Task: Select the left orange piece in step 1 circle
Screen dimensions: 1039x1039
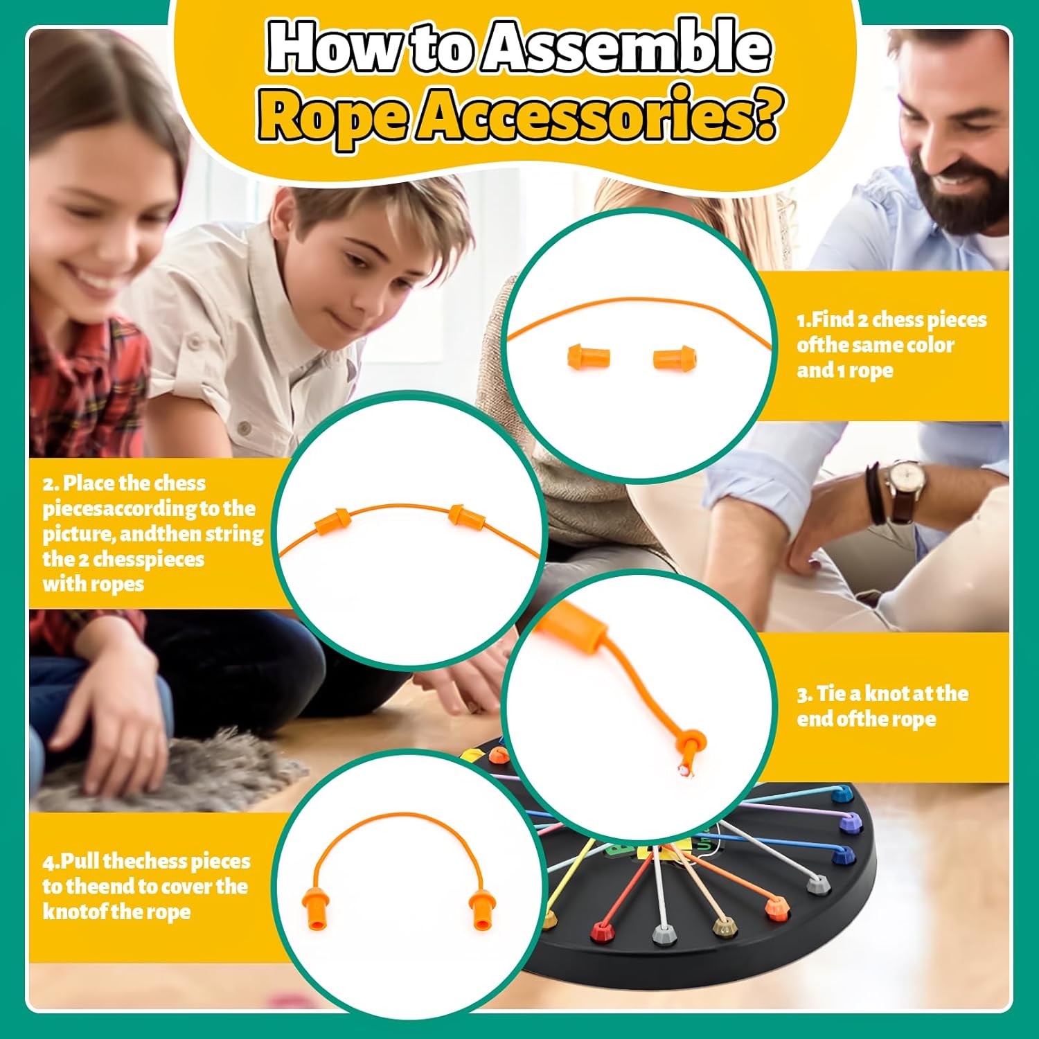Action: coord(588,357)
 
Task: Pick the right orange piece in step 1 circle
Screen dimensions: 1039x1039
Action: coord(675,358)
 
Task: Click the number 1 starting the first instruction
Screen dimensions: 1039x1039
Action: coord(801,320)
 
